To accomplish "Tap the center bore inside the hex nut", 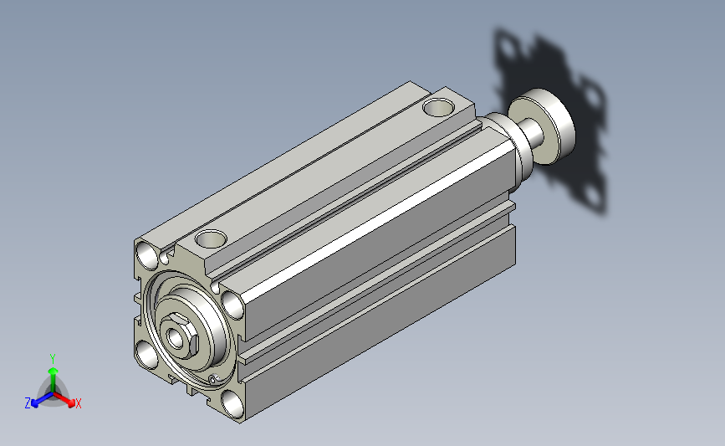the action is (x=176, y=338).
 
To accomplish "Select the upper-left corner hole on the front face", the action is (x=147, y=255).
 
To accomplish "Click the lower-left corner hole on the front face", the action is (x=146, y=355).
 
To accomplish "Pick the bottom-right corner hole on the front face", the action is (x=232, y=404).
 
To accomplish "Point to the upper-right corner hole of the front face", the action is (x=233, y=305).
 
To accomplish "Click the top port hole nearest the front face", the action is (x=211, y=238).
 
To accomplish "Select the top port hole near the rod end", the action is (x=438, y=107).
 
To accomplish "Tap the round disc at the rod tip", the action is (x=541, y=126).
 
